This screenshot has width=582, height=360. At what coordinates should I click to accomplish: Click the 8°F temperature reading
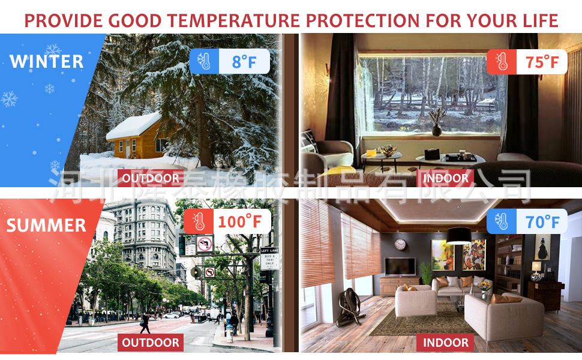[244, 62]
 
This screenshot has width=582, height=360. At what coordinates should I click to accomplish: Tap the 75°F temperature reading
[542, 62]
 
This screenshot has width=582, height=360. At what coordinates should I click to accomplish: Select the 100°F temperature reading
[240, 221]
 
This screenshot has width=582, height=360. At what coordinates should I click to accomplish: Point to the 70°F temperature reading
[542, 222]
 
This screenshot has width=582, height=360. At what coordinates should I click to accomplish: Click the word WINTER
[46, 62]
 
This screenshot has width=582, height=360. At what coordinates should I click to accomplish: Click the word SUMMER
[46, 225]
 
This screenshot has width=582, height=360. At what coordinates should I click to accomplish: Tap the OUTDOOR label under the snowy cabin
[151, 178]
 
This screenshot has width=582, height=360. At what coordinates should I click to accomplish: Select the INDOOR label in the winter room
[445, 178]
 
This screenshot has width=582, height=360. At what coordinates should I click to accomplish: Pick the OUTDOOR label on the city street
[151, 343]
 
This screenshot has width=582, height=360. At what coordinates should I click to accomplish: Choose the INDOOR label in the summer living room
[445, 343]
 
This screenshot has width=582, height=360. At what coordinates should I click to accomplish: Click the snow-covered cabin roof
[134, 125]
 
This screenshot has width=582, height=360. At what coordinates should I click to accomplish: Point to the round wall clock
[400, 244]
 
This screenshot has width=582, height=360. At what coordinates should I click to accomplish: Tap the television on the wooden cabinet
[400, 266]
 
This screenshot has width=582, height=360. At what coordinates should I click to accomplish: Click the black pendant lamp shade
[459, 235]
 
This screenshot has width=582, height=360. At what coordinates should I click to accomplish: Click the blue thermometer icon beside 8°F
[204, 61]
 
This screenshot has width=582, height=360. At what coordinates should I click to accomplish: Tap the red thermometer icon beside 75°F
[502, 62]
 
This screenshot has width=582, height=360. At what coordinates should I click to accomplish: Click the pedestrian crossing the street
[145, 323]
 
